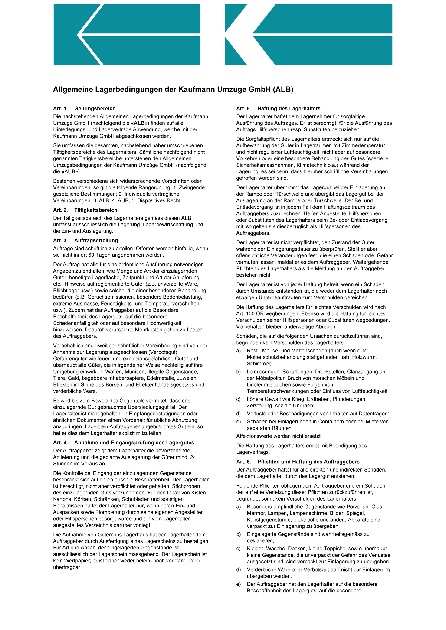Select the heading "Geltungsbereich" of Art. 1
click(95, 108)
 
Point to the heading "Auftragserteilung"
click(96, 240)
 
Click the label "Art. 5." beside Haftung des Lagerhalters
click(243, 108)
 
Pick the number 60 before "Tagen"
click(91, 255)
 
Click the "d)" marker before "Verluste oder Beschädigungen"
click(238, 414)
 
